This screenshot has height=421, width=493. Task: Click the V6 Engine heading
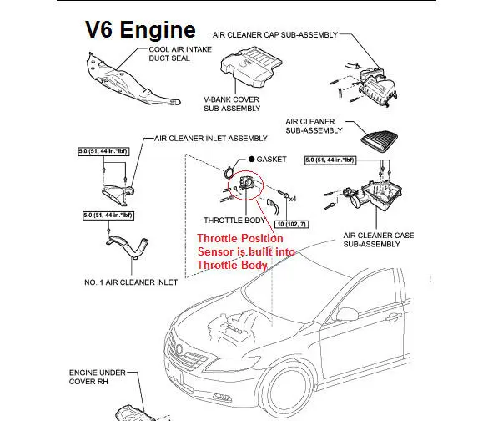pos(140,29)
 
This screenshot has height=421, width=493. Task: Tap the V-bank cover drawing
pos(250,67)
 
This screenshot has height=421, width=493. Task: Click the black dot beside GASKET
pos(252,160)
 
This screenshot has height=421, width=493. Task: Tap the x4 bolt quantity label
pos(293,199)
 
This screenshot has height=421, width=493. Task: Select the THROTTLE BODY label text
pos(234,220)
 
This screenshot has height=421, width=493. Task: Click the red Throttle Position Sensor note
pos(246,251)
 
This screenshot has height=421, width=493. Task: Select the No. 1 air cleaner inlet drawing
pos(128,246)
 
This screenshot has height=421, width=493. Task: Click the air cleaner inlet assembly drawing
pos(118,195)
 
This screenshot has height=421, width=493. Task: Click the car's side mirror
pos(347,313)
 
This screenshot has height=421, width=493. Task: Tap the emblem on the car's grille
pos(179,349)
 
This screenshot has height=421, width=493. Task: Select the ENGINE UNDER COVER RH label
pos(97,377)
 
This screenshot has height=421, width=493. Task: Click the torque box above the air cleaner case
pos(330,160)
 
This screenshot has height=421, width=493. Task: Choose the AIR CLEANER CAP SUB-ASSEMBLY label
pos(275,35)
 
